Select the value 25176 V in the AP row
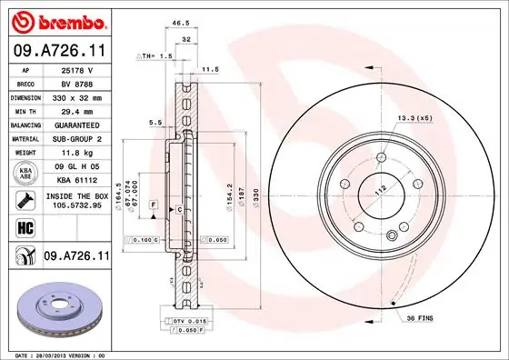[76, 70]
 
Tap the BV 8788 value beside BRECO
[76, 84]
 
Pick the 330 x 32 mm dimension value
[76, 97]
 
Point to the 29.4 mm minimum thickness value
[76, 110]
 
